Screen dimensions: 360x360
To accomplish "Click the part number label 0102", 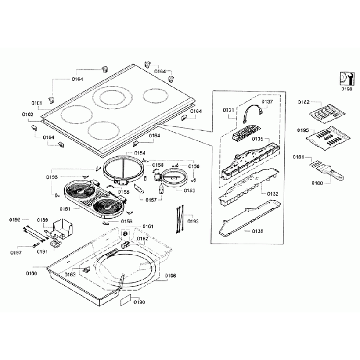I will (28, 115).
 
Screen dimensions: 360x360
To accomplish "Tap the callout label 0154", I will (140, 153).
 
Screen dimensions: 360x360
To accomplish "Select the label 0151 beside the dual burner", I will (65, 209).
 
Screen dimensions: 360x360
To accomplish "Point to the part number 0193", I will (193, 221).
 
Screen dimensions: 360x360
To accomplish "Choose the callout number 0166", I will (170, 275).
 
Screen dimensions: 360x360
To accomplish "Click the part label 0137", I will (267, 102).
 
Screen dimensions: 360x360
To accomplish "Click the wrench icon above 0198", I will (346, 78).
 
